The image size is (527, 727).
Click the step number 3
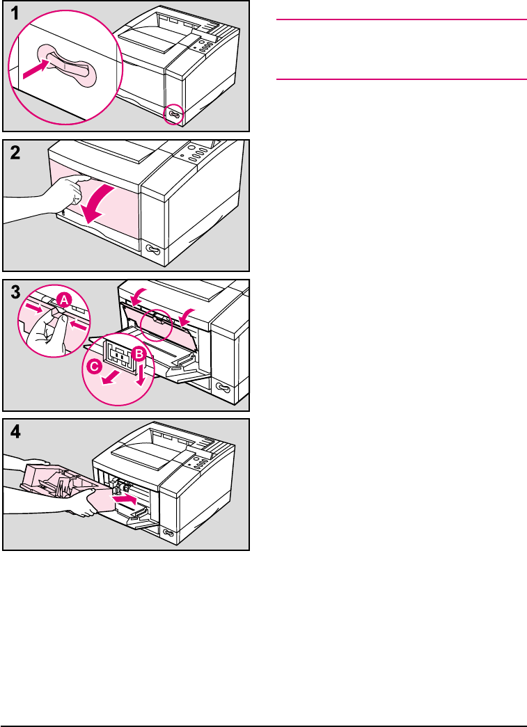pyautogui.click(x=14, y=293)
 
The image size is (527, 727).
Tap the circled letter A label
pyautogui.click(x=63, y=301)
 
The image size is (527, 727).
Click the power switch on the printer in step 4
pyautogui.click(x=168, y=532)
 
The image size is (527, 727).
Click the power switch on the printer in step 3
pyautogui.click(x=223, y=387)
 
